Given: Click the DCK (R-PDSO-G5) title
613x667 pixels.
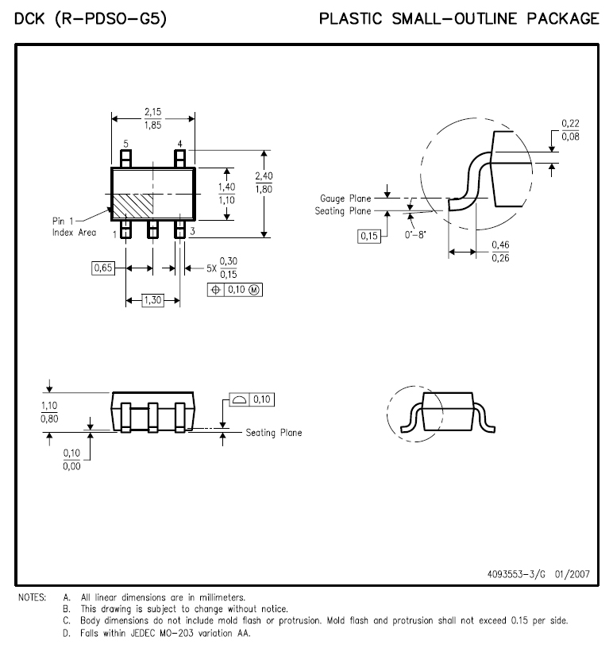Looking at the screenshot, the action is (x=91, y=19).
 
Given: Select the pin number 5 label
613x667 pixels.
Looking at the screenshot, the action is (x=125, y=144).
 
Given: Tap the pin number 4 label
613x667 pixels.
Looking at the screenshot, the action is (x=180, y=144).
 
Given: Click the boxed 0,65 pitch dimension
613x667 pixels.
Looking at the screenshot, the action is (x=103, y=268).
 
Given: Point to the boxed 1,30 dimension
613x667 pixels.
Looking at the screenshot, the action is (x=152, y=300).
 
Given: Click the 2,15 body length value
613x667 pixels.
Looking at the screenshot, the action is (x=152, y=112).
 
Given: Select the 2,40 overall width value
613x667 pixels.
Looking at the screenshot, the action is (x=264, y=175).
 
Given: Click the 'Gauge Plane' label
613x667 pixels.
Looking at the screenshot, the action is (x=345, y=199).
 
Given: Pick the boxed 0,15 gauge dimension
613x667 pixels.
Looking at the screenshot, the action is (x=368, y=236).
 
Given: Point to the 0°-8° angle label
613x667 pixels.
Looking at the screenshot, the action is (x=415, y=235).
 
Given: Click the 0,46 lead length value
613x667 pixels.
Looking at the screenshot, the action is (x=500, y=245).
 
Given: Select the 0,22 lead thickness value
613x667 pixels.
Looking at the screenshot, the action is (x=570, y=123).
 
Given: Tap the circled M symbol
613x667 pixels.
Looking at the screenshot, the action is (x=254, y=290).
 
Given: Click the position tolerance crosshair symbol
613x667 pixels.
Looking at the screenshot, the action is (x=216, y=290).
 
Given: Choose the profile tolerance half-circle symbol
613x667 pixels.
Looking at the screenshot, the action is (x=240, y=399).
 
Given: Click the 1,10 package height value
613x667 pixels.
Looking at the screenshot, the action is (x=49, y=406).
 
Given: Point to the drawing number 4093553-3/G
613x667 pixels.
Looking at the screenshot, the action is (x=516, y=574).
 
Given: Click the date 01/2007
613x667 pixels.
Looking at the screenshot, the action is (x=573, y=574).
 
